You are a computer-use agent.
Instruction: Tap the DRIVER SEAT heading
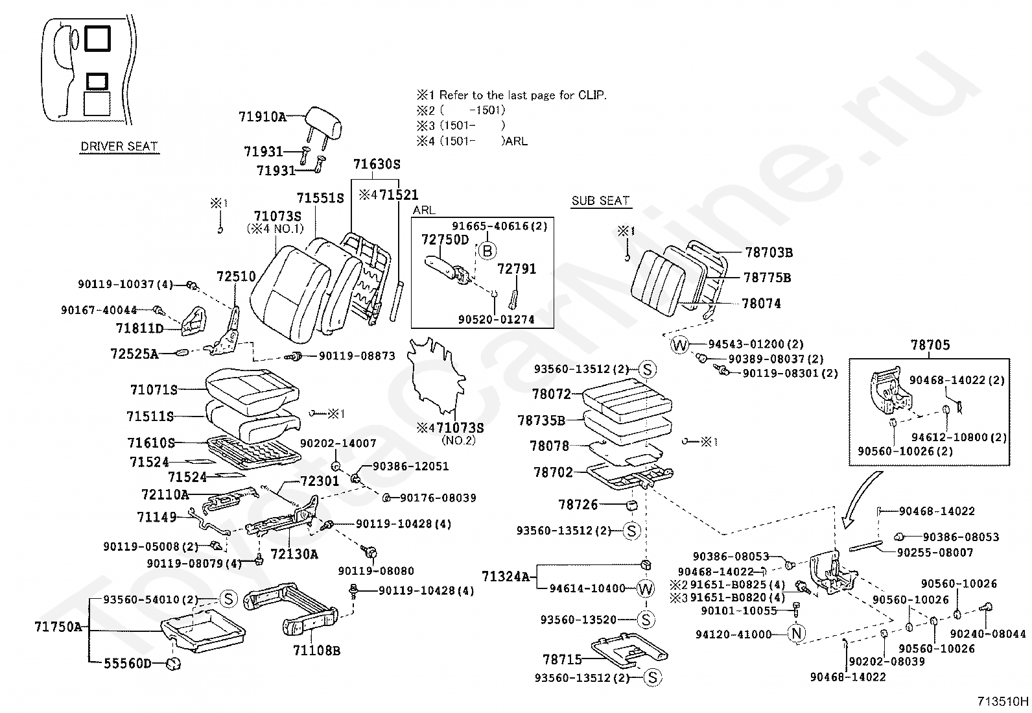[x=119, y=146]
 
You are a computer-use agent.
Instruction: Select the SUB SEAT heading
[x=600, y=200]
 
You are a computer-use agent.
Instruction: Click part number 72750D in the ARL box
[x=445, y=240]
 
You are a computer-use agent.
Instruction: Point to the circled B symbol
[x=487, y=251]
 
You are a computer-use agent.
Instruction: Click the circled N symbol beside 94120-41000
[x=796, y=633]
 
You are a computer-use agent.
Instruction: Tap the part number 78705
[x=930, y=345]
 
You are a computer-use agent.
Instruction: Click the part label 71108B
[x=316, y=650]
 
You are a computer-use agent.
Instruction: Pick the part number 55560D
[x=127, y=663]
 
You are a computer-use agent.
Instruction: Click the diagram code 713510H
[x=1003, y=701]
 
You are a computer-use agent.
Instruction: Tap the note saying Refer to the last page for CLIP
[x=522, y=95]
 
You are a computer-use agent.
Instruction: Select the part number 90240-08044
[x=988, y=634]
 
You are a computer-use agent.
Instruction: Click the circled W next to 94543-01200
[x=679, y=345]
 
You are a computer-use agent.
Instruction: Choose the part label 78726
[x=578, y=505]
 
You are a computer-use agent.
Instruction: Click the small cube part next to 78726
[x=631, y=506]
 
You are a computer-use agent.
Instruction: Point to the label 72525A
[x=134, y=354]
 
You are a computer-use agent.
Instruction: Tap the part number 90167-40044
[x=99, y=310]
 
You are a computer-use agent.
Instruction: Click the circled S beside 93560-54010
[x=228, y=599]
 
